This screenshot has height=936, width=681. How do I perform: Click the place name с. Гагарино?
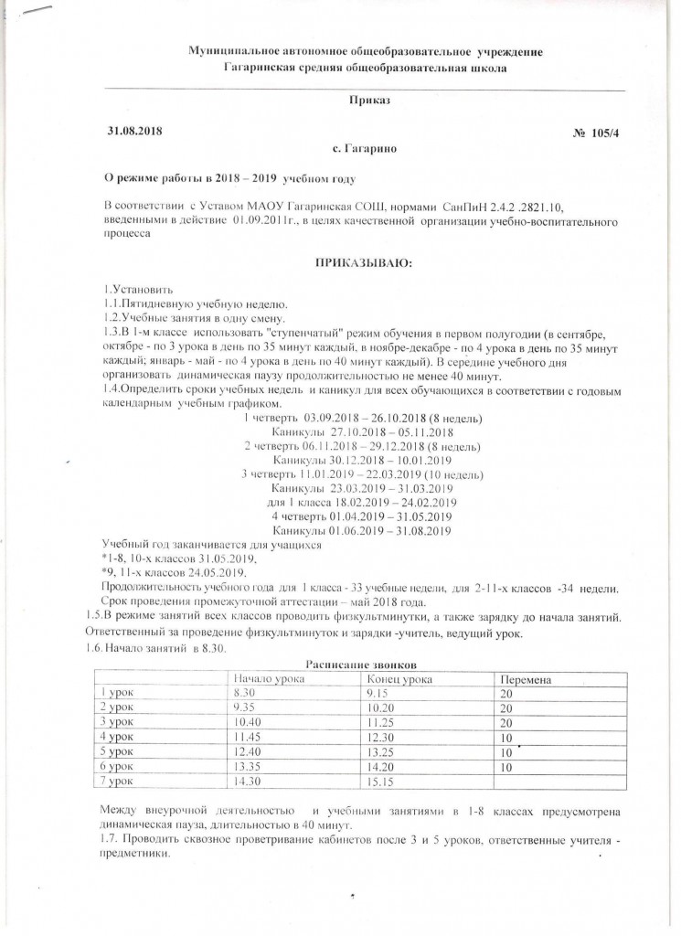click(365, 148)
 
